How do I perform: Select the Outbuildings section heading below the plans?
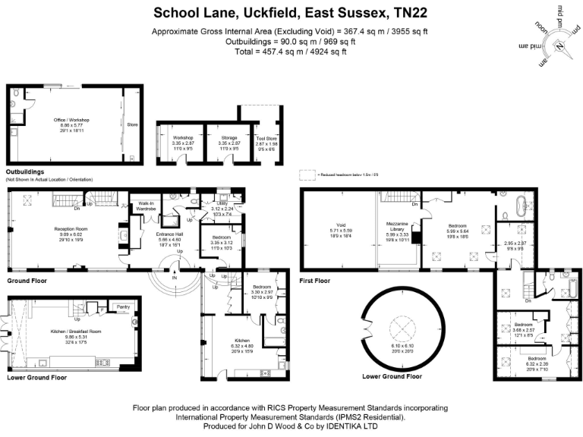(25, 172)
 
